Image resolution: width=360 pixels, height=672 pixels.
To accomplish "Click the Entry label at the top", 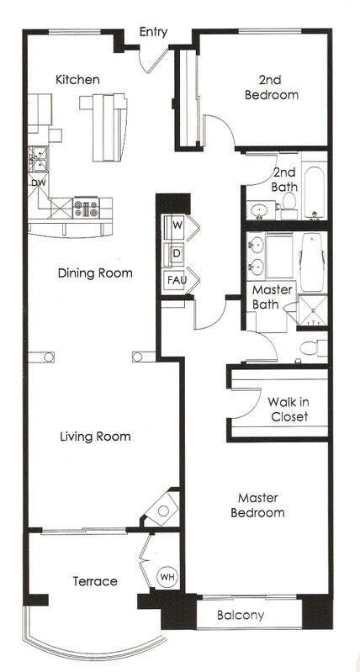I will click(x=153, y=32).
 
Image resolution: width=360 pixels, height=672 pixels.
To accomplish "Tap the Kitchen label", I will click(x=77, y=80).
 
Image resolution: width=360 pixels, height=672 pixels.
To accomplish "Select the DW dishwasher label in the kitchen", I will click(x=38, y=183).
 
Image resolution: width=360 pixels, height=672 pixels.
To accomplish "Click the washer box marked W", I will click(x=177, y=225).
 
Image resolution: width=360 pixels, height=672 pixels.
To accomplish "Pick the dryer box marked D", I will click(x=177, y=252).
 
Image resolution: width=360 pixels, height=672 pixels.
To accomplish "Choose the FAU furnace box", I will click(x=177, y=279).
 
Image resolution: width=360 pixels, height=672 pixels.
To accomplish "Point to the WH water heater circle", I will click(x=167, y=578).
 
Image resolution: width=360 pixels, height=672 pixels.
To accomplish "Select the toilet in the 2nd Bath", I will click(x=289, y=204).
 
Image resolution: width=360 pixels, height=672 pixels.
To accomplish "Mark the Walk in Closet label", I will click(x=288, y=409).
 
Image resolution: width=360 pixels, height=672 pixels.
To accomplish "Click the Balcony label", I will click(x=241, y=616).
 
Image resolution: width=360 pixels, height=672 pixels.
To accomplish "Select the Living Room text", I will click(x=95, y=437).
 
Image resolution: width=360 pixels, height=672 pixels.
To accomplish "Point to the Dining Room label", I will click(x=95, y=273).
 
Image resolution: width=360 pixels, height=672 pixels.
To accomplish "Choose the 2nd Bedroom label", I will click(x=271, y=87).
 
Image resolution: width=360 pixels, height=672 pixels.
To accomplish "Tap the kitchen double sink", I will click(x=37, y=157).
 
